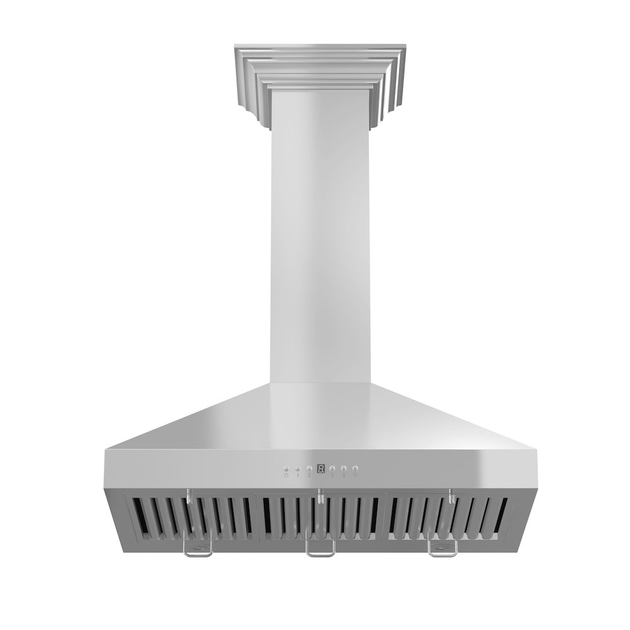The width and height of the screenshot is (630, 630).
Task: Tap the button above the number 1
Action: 297,469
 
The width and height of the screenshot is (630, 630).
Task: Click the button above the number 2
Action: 309,469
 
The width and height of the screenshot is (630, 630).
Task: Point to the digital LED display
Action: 321,469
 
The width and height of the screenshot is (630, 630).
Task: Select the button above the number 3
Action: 332,469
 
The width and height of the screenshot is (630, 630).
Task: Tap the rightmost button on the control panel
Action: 355,469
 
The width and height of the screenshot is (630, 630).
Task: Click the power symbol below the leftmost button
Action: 286,476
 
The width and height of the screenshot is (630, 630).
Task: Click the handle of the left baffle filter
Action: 197,552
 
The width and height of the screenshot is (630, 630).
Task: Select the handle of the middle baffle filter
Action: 319,551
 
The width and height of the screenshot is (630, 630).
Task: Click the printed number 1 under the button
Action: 297,476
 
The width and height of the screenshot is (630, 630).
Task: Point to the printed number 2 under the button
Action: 309,476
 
